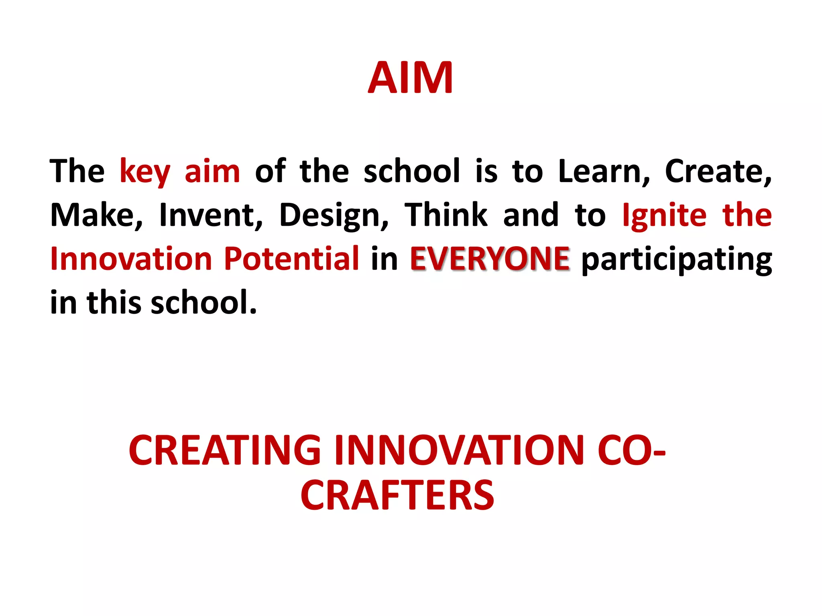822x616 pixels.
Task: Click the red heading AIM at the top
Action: point(410,78)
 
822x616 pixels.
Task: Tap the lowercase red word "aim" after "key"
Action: point(212,172)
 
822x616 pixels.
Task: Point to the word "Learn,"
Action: point(604,172)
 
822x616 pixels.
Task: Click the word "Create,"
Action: point(718,172)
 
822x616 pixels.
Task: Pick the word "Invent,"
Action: point(211,216)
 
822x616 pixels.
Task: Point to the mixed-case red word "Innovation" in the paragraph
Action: point(131,259)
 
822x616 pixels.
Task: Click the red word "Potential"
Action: point(291,259)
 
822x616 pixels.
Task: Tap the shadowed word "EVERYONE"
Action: point(489,259)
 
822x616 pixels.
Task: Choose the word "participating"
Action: point(677,261)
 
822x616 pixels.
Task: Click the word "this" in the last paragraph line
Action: point(114,302)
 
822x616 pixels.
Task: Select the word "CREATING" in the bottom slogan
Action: point(225,451)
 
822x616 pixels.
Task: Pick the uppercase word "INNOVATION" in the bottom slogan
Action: point(459,451)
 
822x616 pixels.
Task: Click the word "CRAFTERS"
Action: point(397,496)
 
